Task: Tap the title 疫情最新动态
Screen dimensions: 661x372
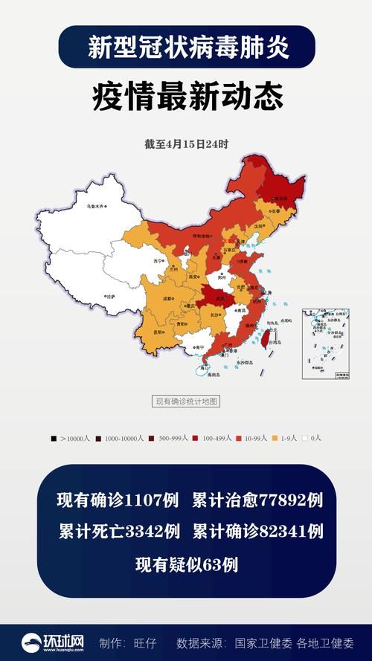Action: pyautogui.click(x=186, y=98)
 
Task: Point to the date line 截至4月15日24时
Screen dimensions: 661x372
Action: pyautogui.click(x=186, y=144)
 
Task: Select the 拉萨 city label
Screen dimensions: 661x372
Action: pyautogui.click(x=110, y=296)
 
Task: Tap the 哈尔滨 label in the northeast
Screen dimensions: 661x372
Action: pyautogui.click(x=280, y=199)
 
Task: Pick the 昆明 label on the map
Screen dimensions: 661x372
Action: pyautogui.click(x=158, y=332)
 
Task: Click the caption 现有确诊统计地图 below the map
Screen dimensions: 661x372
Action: pyautogui.click(x=186, y=402)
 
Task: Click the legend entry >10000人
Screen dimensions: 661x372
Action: pyautogui.click(x=71, y=439)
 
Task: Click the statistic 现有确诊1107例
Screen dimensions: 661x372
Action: pyautogui.click(x=118, y=500)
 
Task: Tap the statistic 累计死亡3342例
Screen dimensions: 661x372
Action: pyautogui.click(x=119, y=532)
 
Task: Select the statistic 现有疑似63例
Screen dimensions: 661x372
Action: pyautogui.click(x=186, y=564)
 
